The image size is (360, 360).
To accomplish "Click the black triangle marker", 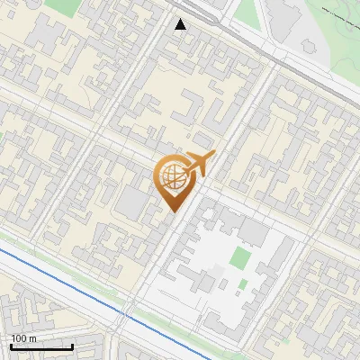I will [181, 24].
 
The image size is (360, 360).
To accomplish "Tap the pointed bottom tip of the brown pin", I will [172, 210].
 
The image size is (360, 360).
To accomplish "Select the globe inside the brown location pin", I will [172, 177].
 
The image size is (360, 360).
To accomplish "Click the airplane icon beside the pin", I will [197, 164].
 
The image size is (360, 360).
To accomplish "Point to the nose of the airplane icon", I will [214, 154].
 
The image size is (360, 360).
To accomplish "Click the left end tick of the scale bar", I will [11, 346].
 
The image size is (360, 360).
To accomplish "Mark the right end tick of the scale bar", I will [72, 346].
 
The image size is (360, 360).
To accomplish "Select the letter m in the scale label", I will [31, 338].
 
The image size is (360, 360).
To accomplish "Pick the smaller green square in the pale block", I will [241, 285].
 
